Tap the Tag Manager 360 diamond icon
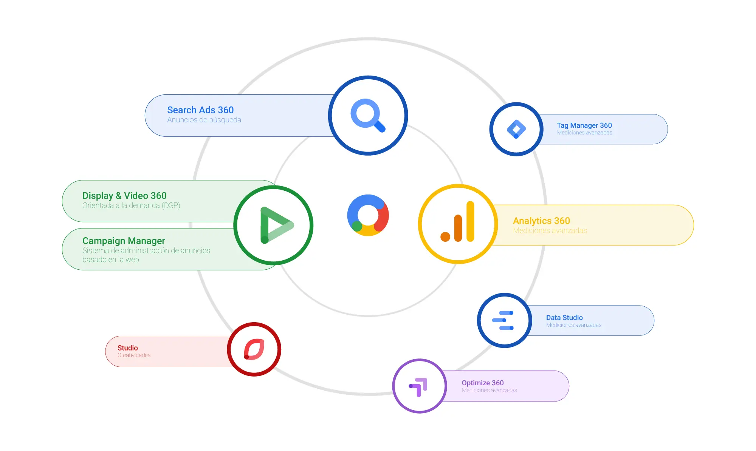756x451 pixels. click(516, 129)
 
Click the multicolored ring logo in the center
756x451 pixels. click(368, 215)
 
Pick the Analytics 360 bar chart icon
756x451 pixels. click(457, 221)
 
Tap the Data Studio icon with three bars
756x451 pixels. click(503, 320)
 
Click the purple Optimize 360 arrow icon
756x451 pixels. click(418, 387)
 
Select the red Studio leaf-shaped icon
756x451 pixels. click(254, 349)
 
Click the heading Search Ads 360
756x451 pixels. click(200, 110)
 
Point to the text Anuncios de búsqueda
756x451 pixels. click(204, 120)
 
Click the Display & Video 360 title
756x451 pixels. click(124, 196)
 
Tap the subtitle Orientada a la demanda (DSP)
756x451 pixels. click(131, 205)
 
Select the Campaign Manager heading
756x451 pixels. click(124, 241)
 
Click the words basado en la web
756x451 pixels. click(111, 260)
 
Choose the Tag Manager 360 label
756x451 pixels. click(584, 125)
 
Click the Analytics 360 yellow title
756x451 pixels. click(541, 221)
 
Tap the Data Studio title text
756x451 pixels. click(564, 318)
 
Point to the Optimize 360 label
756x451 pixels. click(483, 383)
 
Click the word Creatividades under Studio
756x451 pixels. click(134, 355)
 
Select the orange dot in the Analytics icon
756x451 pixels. click(445, 237)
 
